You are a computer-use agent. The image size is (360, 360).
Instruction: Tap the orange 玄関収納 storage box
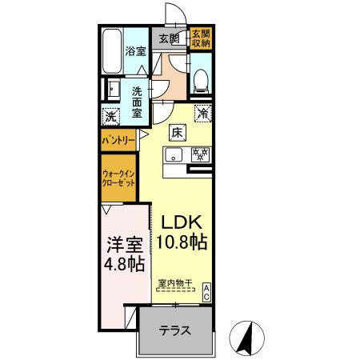click(x=199, y=38)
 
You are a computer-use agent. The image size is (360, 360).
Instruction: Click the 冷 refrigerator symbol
click(x=203, y=114)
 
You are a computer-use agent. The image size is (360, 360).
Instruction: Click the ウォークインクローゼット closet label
click(x=118, y=178)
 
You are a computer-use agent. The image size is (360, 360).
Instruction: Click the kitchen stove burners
click(x=201, y=154)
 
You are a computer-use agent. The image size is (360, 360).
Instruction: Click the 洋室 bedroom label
click(x=126, y=242)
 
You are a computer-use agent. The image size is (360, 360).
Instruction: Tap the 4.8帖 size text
click(x=126, y=263)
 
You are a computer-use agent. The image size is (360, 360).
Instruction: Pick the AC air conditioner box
click(x=206, y=292)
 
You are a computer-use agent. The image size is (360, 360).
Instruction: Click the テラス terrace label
click(x=175, y=330)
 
